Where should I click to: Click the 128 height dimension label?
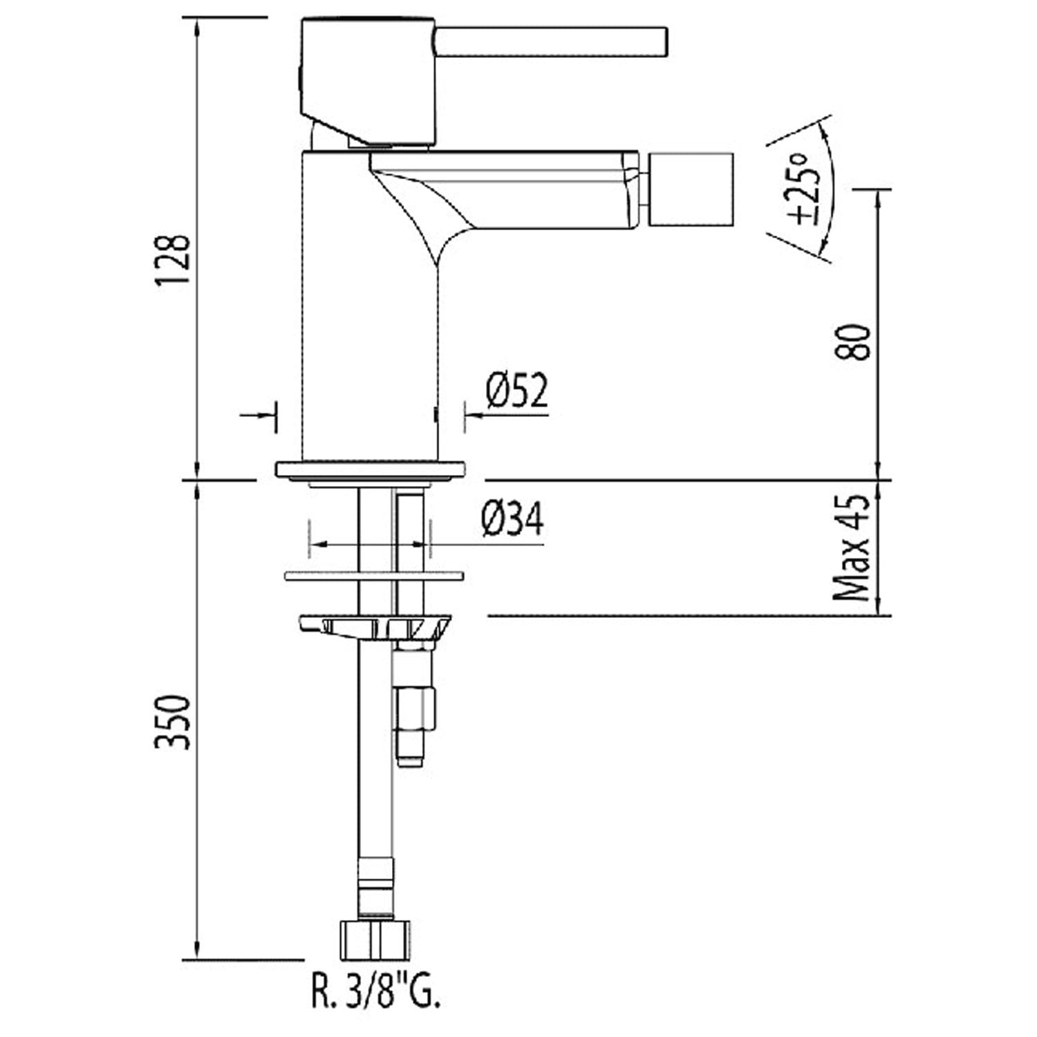[172, 259]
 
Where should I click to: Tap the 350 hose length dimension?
[172, 722]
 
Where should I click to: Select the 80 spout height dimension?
[852, 342]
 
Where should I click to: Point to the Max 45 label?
[852, 548]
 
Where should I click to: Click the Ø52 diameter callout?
[516, 391]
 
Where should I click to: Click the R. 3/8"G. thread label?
[375, 993]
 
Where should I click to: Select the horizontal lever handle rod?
[551, 41]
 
